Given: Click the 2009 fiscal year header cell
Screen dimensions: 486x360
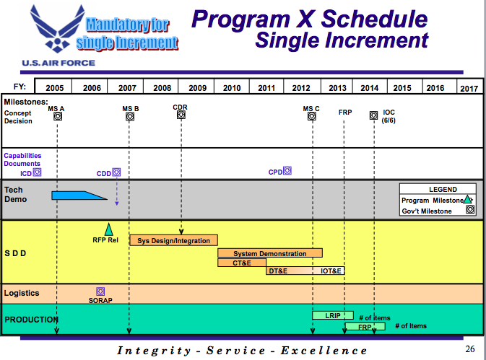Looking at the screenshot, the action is (196, 87).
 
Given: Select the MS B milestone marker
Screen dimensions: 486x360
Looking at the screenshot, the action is (130, 116).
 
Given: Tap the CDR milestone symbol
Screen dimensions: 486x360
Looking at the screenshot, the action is (181, 115).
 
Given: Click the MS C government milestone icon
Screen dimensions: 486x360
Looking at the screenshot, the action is (312, 116).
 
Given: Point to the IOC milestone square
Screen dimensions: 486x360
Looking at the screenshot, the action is (374, 115).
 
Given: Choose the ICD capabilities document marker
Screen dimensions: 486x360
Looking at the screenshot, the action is (38, 172).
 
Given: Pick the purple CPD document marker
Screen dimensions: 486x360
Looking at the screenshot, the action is (287, 170).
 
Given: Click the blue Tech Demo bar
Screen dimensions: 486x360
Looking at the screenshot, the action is (79, 196).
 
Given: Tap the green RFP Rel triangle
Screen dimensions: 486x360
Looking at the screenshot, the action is (108, 229).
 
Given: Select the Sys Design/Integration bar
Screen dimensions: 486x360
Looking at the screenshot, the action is (173, 240).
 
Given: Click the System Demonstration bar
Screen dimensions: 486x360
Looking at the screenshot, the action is (270, 253).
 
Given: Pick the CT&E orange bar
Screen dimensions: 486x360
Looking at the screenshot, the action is (242, 263).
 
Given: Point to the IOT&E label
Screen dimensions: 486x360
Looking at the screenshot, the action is (331, 271).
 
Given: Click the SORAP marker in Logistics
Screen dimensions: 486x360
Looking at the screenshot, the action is (100, 291).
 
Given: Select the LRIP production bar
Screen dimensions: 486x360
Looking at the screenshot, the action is (333, 315).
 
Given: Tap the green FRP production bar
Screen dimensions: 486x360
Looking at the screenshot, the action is (365, 327).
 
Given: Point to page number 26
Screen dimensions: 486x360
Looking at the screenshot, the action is (470, 349).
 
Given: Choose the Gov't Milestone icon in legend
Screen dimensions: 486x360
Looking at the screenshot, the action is (470, 209).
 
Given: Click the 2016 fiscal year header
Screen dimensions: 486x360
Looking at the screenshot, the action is (435, 88).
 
